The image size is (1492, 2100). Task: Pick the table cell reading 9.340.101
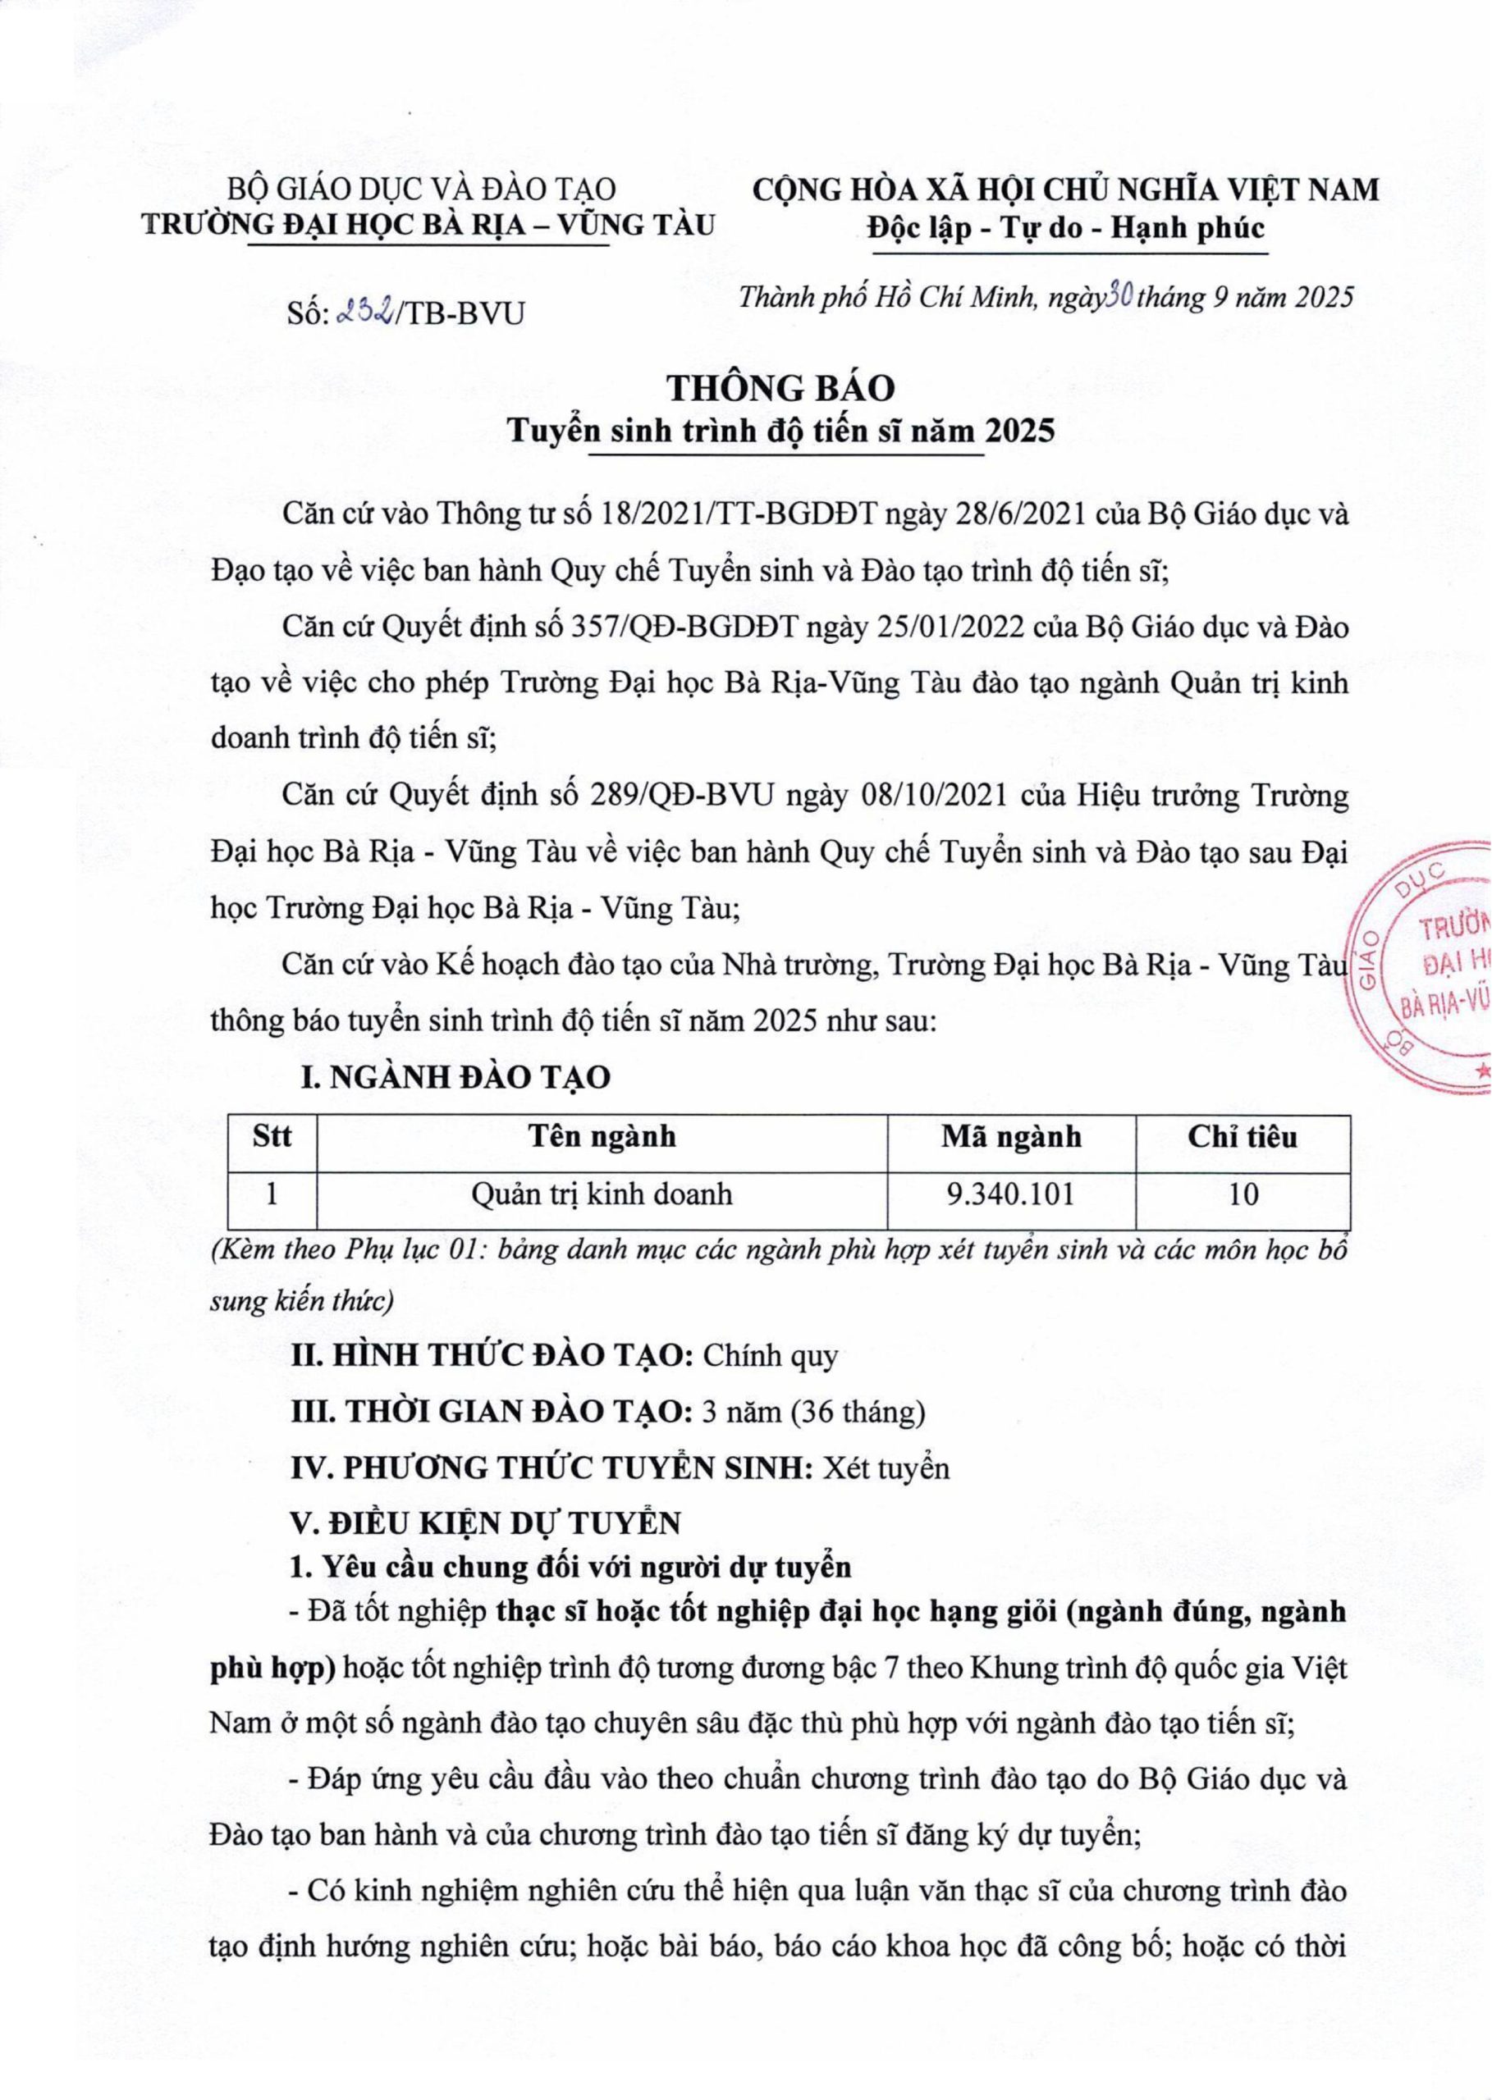coord(1009,1194)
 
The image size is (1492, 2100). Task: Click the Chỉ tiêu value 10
coord(1243,1194)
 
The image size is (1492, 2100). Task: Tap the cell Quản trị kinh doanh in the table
coord(602,1194)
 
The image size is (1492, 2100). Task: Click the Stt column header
coord(272,1138)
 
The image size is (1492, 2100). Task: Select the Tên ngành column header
coord(602,1138)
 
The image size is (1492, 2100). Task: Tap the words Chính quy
coord(770,1356)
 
